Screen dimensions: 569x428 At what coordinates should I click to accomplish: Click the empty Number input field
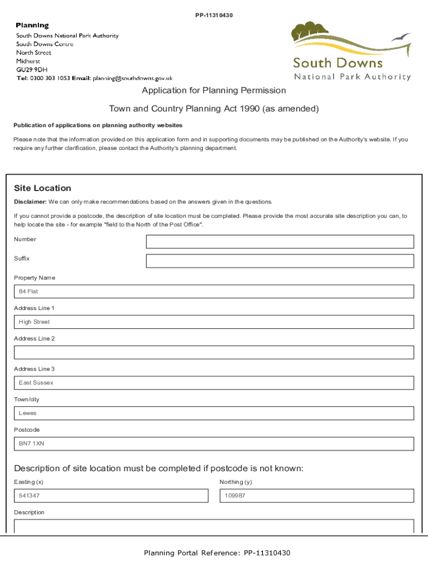point(280,242)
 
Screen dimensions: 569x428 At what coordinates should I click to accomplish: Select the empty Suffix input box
point(280,261)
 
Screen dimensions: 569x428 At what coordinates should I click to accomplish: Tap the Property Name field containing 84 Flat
point(214,292)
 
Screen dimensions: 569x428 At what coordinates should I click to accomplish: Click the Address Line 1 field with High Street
point(214,322)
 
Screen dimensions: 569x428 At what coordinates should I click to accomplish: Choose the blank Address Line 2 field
point(214,352)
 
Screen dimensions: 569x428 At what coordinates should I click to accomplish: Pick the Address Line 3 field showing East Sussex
point(214,383)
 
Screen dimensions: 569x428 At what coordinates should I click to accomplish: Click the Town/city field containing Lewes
point(214,413)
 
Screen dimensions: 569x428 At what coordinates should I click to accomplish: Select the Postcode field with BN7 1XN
point(214,443)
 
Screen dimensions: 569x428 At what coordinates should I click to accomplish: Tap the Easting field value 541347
point(111,496)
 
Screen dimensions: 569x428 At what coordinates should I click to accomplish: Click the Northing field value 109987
point(317,496)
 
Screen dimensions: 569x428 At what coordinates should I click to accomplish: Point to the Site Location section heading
point(43,188)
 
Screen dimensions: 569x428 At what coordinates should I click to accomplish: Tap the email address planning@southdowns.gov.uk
point(137,78)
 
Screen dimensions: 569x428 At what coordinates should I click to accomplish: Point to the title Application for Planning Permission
point(214,91)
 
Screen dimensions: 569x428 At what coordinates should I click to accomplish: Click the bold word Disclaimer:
point(30,202)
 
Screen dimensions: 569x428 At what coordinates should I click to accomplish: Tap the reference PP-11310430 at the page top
point(214,15)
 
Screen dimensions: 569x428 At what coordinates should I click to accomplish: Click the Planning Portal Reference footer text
point(217,553)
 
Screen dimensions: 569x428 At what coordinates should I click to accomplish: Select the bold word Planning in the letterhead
point(32,26)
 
